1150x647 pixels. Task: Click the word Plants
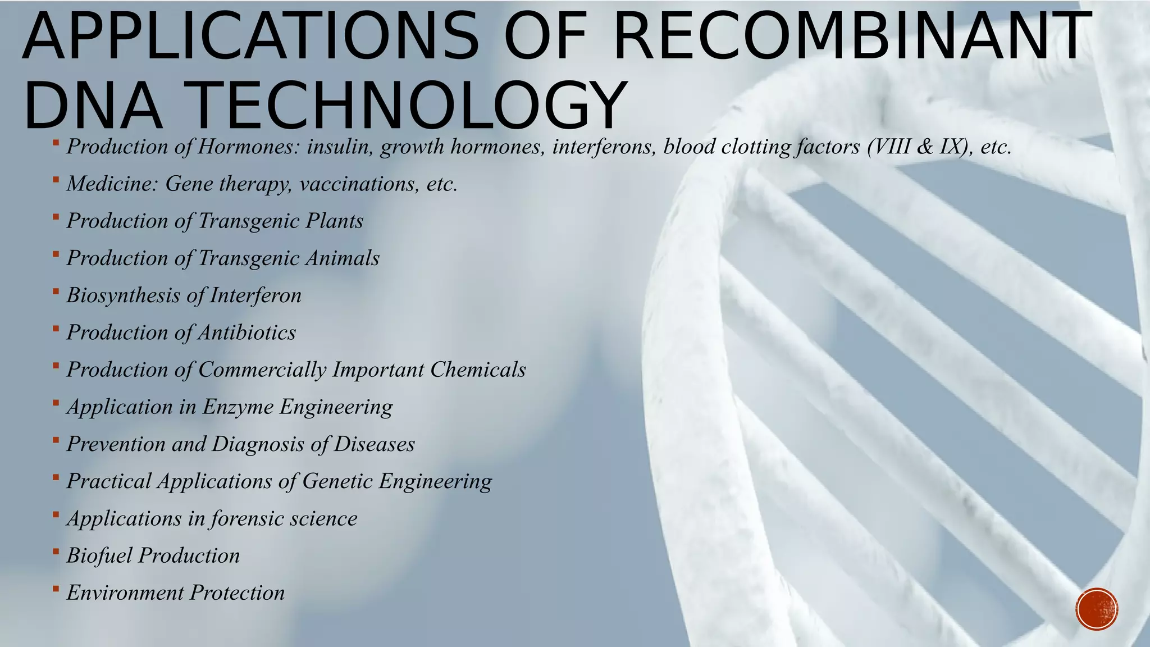335,221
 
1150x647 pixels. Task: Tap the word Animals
343,258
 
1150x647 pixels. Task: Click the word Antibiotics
247,332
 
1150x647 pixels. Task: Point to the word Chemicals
478,370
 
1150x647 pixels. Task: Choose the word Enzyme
238,407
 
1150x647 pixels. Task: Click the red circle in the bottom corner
1097,609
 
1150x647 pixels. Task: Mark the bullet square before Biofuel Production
56,552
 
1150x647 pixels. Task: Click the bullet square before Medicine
56,180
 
